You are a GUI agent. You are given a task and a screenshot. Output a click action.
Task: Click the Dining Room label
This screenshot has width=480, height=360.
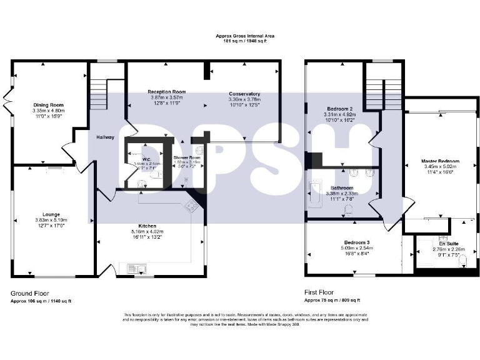pos(48,105)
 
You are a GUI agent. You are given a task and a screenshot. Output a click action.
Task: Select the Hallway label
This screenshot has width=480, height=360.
pos(105,137)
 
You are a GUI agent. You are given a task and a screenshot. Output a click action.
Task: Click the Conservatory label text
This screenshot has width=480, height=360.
pos(244,94)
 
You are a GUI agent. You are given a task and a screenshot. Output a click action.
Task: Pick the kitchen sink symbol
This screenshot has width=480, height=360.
pos(136,269)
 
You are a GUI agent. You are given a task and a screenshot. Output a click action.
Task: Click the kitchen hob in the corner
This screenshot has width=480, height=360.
pos(192,206)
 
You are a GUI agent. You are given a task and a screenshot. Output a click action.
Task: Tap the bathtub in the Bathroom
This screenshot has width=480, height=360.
pos(315,194)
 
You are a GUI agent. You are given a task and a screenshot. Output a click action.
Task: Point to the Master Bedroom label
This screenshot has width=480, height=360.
pos(440,161)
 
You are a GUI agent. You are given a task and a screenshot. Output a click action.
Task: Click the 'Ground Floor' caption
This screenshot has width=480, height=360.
pos(30,292)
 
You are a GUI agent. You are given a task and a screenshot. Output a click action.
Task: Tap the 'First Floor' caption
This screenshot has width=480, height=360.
pos(319,292)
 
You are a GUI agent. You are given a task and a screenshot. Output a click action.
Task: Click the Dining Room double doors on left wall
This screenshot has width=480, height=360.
pos(7,98)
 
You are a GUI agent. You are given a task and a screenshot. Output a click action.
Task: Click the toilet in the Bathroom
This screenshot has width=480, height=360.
pos(349,213)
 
